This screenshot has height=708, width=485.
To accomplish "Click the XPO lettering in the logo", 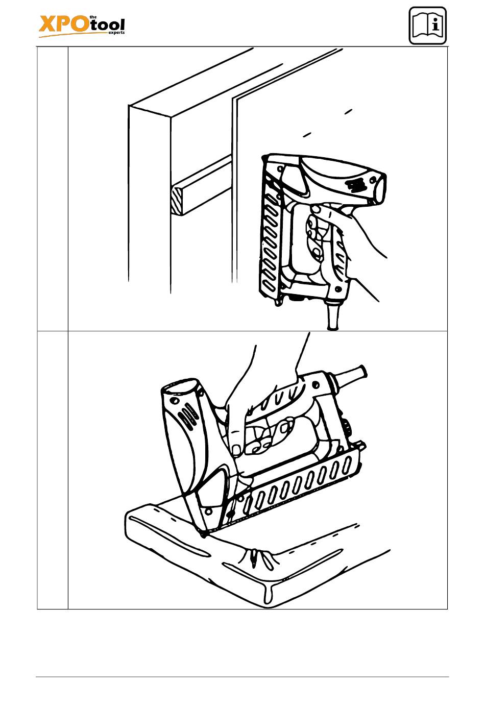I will pyautogui.click(x=63, y=25).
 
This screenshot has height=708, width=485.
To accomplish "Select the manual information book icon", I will pyautogui.click(x=427, y=26).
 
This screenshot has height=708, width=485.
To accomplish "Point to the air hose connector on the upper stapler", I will pyautogui.click(x=332, y=315).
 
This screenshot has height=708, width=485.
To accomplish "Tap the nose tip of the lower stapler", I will pyautogui.click(x=203, y=533).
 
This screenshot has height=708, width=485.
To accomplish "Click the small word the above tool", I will pyautogui.click(x=92, y=17).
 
